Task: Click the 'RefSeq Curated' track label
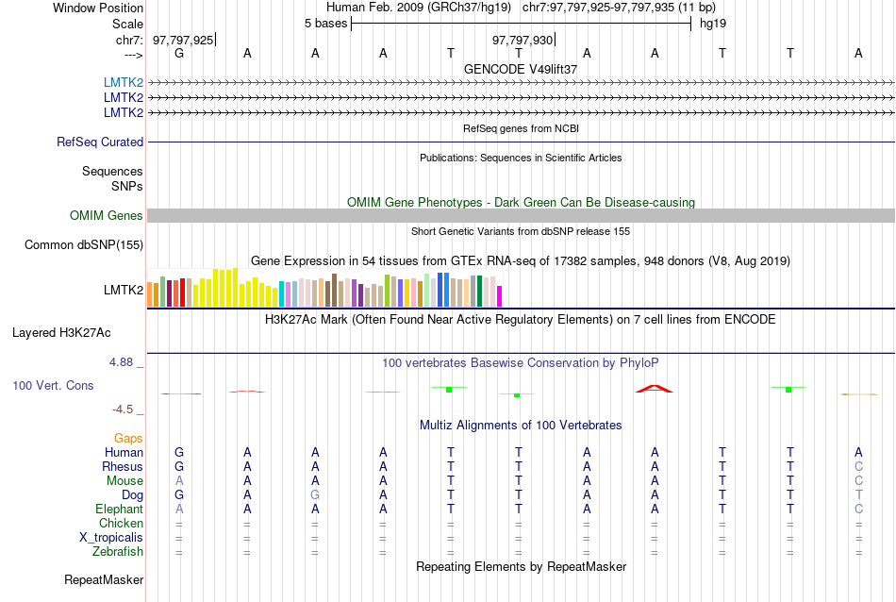click(100, 142)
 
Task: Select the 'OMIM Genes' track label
click(107, 216)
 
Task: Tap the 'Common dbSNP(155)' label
click(83, 245)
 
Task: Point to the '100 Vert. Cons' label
click(53, 386)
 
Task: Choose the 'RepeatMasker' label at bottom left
click(104, 579)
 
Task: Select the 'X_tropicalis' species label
click(111, 538)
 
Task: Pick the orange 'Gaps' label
click(128, 439)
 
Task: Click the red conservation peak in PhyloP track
click(655, 388)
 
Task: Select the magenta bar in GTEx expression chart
click(500, 296)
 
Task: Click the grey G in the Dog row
click(315, 495)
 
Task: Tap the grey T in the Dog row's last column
click(858, 495)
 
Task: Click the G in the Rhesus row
click(179, 467)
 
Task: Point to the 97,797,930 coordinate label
click(523, 40)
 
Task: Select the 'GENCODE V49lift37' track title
click(521, 70)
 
